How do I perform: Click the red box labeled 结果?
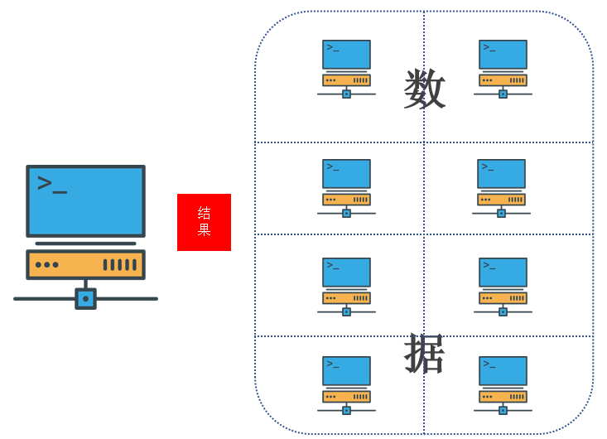[204, 222]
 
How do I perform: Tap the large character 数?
[425, 89]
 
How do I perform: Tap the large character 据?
[425, 354]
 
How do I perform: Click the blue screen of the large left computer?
[85, 200]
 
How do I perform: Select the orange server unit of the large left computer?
[85, 264]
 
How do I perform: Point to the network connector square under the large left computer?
[85, 298]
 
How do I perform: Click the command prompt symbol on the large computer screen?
[51, 184]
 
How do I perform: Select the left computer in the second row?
[346, 187]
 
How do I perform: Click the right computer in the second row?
[501, 187]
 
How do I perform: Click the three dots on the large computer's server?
[47, 265]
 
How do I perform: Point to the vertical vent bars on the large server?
[119, 265]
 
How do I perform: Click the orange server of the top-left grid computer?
[346, 80]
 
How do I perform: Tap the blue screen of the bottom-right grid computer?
[503, 370]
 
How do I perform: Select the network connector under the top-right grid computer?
[503, 94]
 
